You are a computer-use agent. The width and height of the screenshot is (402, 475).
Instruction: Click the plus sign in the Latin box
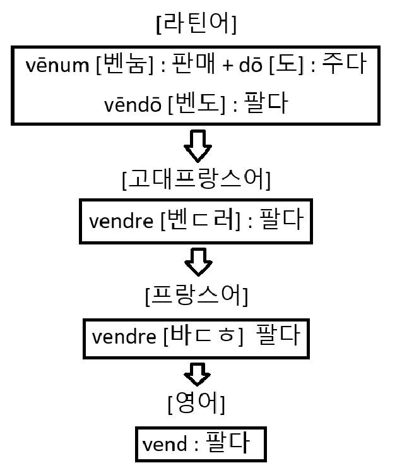click(225, 66)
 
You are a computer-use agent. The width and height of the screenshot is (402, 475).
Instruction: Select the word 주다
click(343, 66)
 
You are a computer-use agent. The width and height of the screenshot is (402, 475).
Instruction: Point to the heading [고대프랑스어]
click(196, 180)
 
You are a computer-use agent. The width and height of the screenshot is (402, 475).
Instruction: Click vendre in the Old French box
click(121, 222)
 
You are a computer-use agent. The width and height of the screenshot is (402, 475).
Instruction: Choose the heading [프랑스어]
click(196, 296)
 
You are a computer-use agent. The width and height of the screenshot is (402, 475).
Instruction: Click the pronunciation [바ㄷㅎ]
click(203, 336)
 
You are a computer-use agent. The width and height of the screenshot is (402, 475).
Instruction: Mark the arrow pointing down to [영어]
click(197, 373)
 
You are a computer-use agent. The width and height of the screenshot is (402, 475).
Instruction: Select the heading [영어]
click(197, 402)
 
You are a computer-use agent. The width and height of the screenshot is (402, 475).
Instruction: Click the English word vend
click(165, 444)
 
